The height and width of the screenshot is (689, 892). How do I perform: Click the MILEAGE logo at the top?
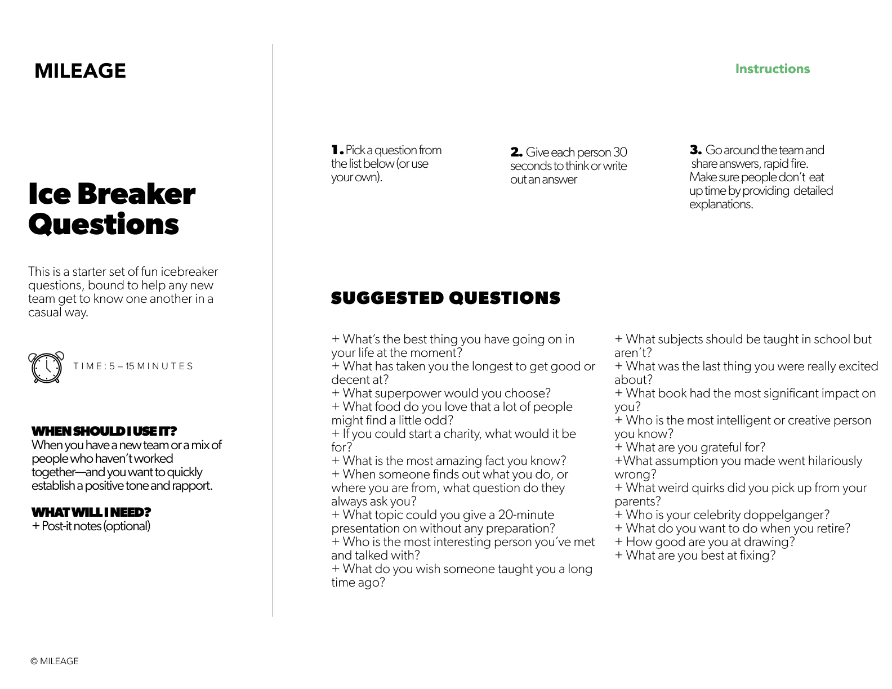click(x=80, y=71)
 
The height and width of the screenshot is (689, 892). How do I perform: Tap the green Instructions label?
click(x=772, y=69)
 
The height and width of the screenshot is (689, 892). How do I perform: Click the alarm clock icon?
click(x=46, y=367)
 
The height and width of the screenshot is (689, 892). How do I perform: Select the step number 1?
click(x=337, y=150)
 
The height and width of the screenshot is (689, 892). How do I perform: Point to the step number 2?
click(x=516, y=153)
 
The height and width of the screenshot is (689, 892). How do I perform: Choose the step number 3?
click(x=695, y=150)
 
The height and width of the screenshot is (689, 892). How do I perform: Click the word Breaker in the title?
click(x=136, y=194)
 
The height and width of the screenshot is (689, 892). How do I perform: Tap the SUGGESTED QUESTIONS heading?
click(x=445, y=298)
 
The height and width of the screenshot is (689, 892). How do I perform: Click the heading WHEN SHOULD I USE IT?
click(x=104, y=431)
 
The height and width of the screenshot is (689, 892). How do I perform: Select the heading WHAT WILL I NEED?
click(x=91, y=512)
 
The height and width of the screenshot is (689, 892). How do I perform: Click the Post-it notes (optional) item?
click(x=91, y=526)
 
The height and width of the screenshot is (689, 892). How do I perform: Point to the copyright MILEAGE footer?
click(x=55, y=661)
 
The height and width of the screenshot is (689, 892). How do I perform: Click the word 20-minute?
click(x=526, y=515)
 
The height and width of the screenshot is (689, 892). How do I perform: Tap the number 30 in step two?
click(x=619, y=153)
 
